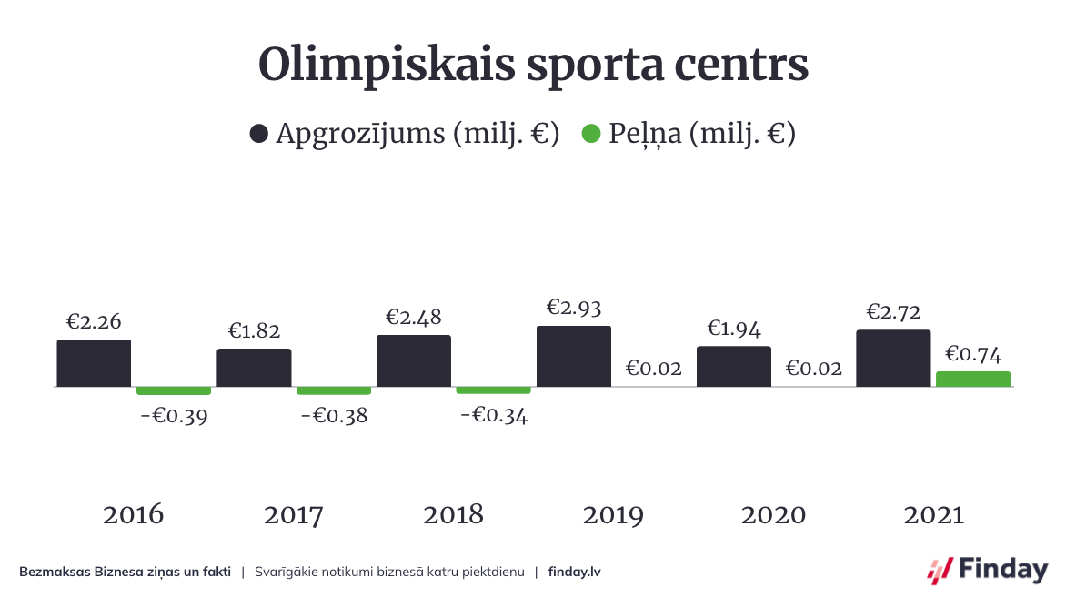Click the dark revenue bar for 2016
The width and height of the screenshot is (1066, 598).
click(x=94, y=363)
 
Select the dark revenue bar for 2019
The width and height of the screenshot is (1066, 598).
click(x=574, y=356)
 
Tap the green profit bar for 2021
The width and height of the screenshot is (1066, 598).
click(x=973, y=379)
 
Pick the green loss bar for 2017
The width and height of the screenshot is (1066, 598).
click(x=334, y=390)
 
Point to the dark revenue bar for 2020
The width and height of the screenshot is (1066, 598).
click(x=734, y=366)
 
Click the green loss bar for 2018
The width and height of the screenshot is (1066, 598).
click(x=493, y=390)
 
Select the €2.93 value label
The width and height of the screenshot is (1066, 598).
click(x=574, y=308)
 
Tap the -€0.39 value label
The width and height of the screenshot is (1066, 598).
click(x=174, y=418)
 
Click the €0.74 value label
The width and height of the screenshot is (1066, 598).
click(x=973, y=353)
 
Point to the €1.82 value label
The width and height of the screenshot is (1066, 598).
click(x=254, y=331)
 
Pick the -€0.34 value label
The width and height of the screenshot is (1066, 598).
click(x=494, y=416)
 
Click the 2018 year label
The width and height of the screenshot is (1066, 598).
click(x=453, y=515)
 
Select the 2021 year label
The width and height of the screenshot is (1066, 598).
click(x=934, y=515)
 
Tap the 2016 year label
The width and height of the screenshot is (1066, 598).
click(x=134, y=515)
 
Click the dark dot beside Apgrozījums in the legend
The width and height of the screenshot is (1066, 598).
click(x=259, y=135)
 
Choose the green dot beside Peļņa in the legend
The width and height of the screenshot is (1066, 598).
click(x=591, y=135)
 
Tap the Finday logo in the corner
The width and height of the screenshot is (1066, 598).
click(x=987, y=570)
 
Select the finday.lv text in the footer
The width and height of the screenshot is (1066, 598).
click(x=575, y=572)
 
